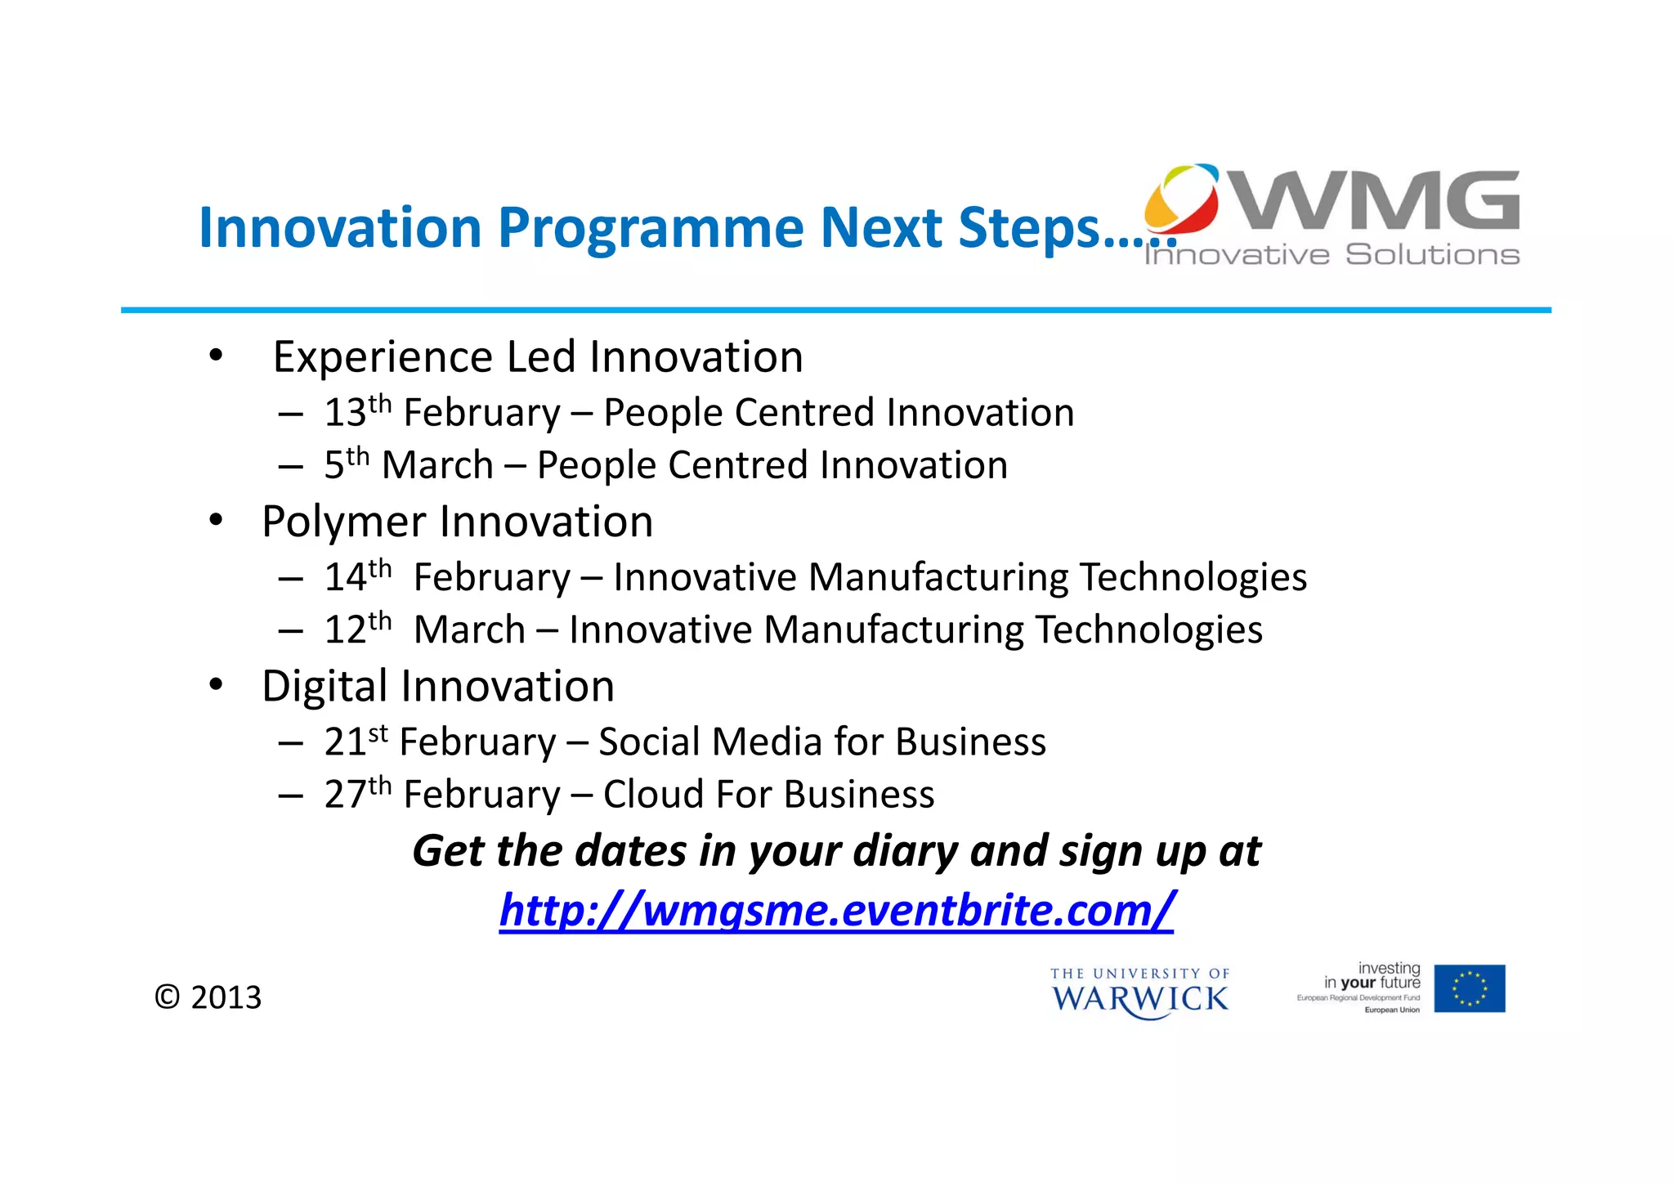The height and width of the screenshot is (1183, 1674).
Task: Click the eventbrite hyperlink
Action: [x=836, y=910]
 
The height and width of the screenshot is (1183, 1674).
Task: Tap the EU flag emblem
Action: [x=1469, y=988]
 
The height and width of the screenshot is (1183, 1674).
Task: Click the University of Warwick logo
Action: [x=1139, y=993]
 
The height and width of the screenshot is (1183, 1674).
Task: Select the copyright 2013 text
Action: [x=208, y=997]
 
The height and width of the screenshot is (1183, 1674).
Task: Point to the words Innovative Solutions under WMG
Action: [x=1332, y=255]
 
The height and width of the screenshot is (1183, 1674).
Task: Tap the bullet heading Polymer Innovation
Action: [x=457, y=522]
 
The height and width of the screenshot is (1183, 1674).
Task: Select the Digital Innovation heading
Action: [x=437, y=686]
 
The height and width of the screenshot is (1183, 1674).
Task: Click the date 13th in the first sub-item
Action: [x=357, y=411]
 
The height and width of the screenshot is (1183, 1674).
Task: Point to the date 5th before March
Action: [x=347, y=464]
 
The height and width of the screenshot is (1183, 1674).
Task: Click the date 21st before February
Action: [x=356, y=741]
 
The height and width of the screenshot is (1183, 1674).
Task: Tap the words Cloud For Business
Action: [x=768, y=794]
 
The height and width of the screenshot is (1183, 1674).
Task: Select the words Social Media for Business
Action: [x=821, y=742]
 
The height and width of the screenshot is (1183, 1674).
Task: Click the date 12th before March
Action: [x=357, y=629]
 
